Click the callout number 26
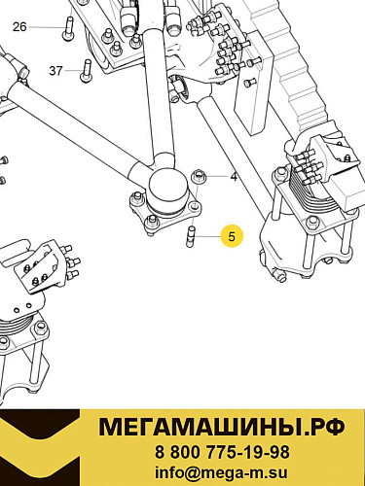tap(19, 26)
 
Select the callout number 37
tap(55, 70)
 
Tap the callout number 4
tap(234, 176)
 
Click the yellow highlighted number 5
tap(232, 234)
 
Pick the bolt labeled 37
tap(88, 70)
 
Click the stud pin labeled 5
tap(193, 236)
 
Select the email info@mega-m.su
tap(222, 472)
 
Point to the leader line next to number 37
tap(73, 70)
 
